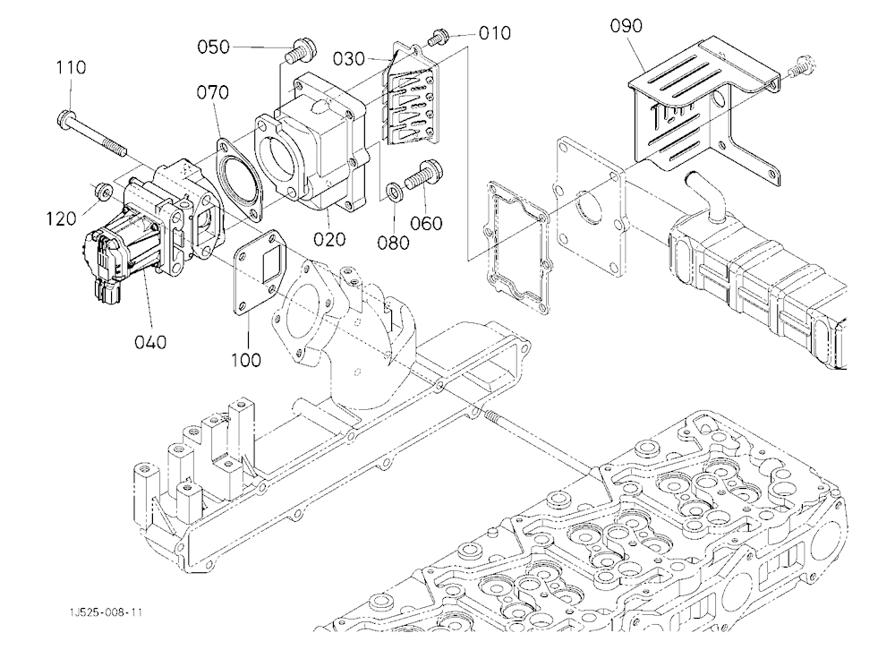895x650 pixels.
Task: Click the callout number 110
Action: (71, 67)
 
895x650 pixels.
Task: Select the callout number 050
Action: (214, 47)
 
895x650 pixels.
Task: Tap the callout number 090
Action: (626, 26)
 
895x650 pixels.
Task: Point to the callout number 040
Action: (150, 342)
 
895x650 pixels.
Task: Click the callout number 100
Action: (246, 360)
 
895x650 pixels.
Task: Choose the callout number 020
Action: (329, 239)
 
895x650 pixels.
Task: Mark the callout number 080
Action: (393, 243)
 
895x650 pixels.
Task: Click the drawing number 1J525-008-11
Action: (106, 612)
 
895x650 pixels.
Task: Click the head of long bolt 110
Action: (65, 117)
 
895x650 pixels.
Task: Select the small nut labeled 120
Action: (103, 190)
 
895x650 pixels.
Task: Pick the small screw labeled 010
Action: (437, 38)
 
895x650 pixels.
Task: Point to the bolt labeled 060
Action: (424, 175)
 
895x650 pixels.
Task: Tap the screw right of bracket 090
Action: (801, 65)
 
